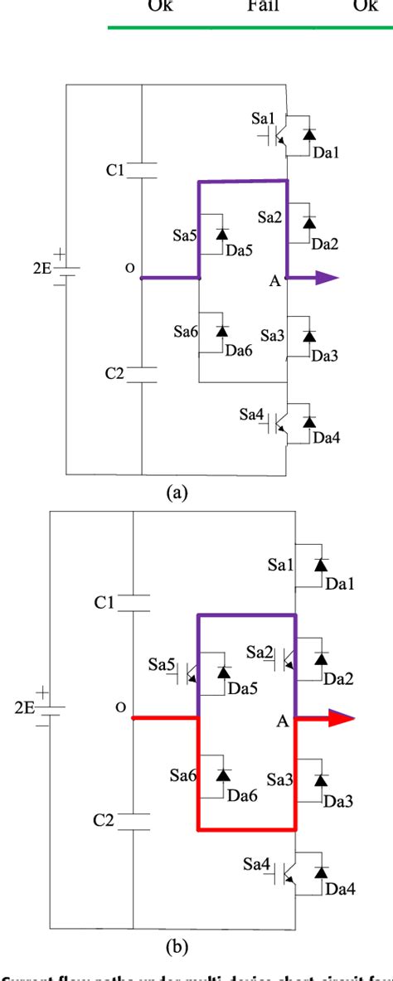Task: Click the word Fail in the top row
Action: pyautogui.click(x=264, y=7)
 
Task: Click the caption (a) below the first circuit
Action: pyautogui.click(x=177, y=493)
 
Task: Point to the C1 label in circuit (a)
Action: pyautogui.click(x=114, y=170)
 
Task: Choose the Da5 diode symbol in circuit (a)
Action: pyautogui.click(x=222, y=235)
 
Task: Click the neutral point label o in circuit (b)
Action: pyautogui.click(x=120, y=707)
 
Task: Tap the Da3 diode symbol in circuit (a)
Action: pyautogui.click(x=309, y=336)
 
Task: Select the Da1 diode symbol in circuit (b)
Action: pyautogui.click(x=320, y=565)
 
